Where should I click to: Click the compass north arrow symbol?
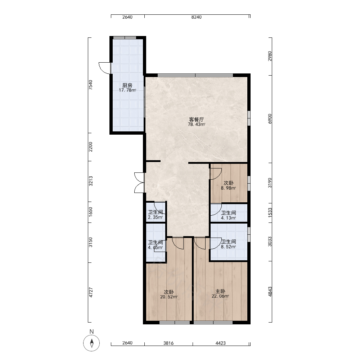(91, 343)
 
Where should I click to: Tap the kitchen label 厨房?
(127, 85)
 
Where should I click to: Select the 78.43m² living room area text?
(197, 125)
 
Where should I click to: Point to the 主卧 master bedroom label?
(220, 291)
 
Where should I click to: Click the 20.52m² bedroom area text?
(169, 297)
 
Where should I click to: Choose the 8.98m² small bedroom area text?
(229, 188)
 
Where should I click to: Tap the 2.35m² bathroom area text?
(156, 217)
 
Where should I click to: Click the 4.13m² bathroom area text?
(229, 218)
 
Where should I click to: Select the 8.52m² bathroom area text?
(229, 247)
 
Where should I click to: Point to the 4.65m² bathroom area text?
(156, 248)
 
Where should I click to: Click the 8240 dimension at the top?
(197, 17)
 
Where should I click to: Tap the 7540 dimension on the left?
(91, 85)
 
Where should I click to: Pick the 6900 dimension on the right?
(270, 119)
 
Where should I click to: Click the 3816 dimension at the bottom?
(168, 343)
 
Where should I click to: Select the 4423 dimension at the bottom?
(221, 343)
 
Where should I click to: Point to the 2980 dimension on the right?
(270, 56)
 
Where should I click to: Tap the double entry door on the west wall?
(139, 183)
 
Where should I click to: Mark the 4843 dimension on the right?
(270, 292)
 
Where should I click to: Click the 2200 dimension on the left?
(91, 147)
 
